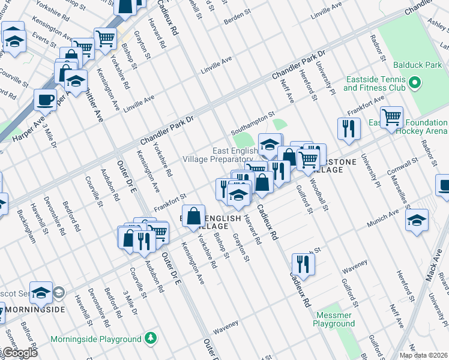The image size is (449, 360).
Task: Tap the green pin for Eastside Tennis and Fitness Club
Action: [x=414, y=82]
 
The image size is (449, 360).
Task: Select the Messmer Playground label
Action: [x=334, y=319]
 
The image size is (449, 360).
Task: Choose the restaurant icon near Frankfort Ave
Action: [x=348, y=127]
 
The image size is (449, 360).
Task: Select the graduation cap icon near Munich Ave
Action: [x=417, y=219]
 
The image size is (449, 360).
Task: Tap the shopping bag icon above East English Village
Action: [x=194, y=217]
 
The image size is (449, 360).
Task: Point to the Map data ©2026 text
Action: [x=423, y=355]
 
